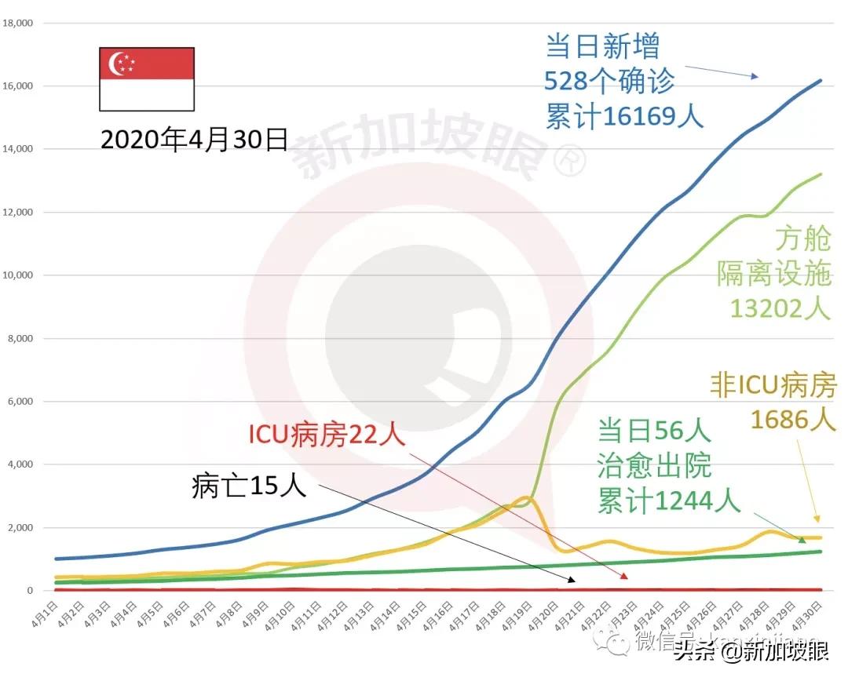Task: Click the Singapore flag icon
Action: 146,78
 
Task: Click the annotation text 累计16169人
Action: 624,115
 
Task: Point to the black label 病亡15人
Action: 248,486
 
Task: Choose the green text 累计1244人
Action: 669,500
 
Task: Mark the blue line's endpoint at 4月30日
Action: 821,80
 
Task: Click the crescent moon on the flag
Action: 119,64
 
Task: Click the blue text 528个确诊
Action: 609,81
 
